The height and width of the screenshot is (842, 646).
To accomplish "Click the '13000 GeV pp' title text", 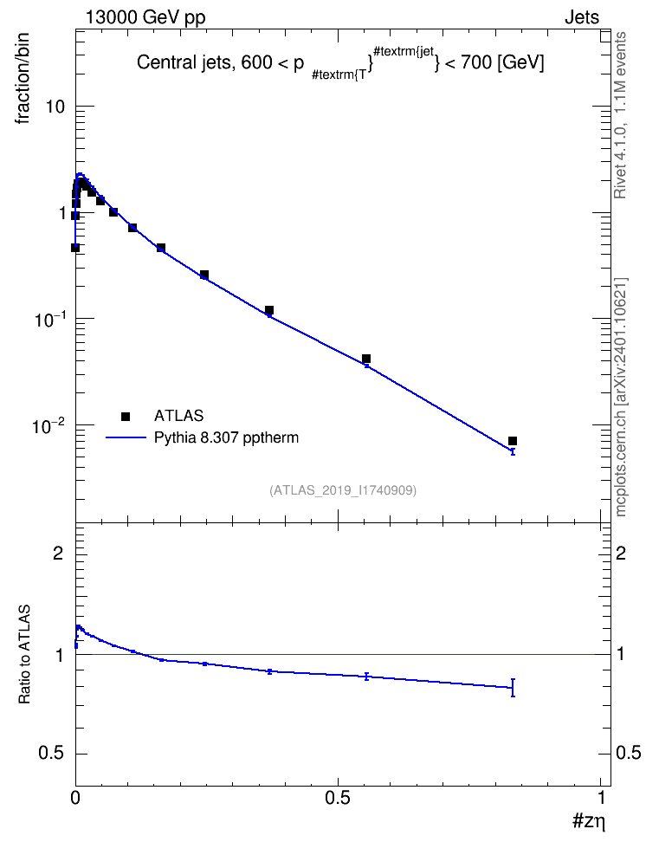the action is (145, 17).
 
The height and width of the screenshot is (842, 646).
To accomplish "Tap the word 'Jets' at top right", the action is (582, 17).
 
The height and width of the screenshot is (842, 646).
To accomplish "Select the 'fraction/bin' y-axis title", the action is (22, 78).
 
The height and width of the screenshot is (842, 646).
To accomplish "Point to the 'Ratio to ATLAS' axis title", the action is (24, 654).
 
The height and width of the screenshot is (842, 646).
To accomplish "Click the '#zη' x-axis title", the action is (589, 820).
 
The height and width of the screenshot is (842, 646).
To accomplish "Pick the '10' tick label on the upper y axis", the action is (55, 107).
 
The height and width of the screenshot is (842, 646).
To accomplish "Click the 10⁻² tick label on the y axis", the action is (48, 426).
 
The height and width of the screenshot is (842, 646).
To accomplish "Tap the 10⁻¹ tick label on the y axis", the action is (48, 320).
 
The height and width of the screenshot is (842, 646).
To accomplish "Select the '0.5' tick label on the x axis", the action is (337, 798).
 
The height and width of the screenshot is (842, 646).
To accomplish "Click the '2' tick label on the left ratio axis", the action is (58, 553).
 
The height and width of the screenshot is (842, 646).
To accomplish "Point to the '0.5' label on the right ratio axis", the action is (628, 753).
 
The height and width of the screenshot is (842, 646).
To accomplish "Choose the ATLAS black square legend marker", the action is (126, 416).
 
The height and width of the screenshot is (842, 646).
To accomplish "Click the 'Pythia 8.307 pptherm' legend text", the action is (226, 437).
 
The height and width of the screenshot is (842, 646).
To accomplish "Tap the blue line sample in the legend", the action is (126, 437).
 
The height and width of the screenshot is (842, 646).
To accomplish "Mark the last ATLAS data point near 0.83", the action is (513, 441).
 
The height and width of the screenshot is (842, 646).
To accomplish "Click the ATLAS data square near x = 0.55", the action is (366, 359).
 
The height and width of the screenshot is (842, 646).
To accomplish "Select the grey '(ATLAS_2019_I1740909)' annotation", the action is (343, 490).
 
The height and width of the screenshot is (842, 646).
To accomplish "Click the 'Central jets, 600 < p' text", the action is (220, 63).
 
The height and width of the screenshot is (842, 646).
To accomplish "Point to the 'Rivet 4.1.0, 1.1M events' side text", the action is (620, 115).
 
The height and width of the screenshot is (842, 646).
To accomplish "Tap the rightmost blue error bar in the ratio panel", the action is (513, 687).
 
